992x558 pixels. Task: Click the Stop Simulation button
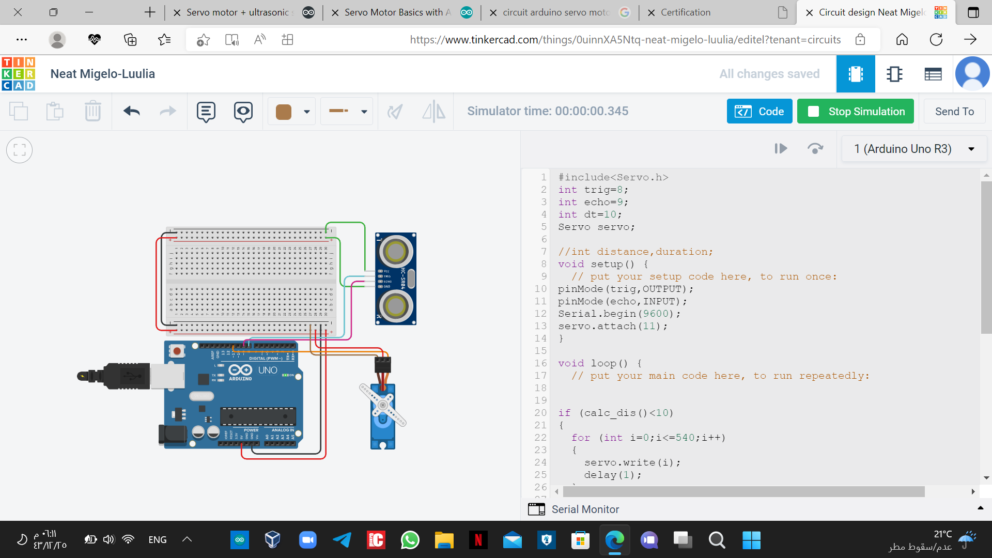pyautogui.click(x=856, y=112)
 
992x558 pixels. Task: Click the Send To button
pyautogui.click(x=954, y=112)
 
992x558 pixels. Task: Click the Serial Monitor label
pyautogui.click(x=585, y=509)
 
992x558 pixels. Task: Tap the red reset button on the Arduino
pyautogui.click(x=177, y=351)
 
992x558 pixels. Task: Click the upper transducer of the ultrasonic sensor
pyautogui.click(x=396, y=252)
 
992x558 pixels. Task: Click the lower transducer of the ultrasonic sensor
pyautogui.click(x=396, y=306)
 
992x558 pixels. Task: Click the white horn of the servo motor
pyautogui.click(x=383, y=405)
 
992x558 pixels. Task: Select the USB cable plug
pyautogui.click(x=129, y=376)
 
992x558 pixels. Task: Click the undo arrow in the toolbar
pyautogui.click(x=132, y=111)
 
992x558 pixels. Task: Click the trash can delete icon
pyautogui.click(x=93, y=111)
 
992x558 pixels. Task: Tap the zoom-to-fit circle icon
pyautogui.click(x=20, y=150)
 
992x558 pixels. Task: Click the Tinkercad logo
pyautogui.click(x=19, y=74)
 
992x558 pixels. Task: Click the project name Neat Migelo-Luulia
pyautogui.click(x=103, y=74)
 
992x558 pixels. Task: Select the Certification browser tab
pyautogui.click(x=685, y=12)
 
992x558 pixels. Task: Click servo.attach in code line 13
pyautogui.click(x=597, y=326)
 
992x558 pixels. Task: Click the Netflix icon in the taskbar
pyautogui.click(x=478, y=540)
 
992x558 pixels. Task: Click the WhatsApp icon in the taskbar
pyautogui.click(x=410, y=540)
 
